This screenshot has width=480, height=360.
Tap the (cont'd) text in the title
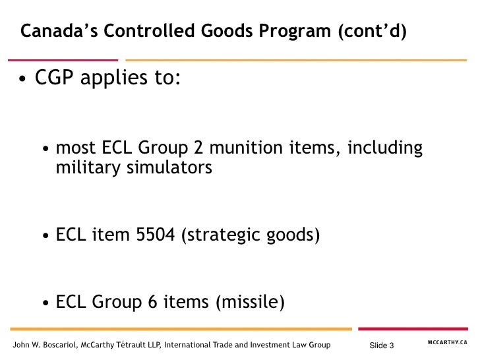(x=372, y=31)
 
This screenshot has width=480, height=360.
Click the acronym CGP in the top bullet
(x=57, y=81)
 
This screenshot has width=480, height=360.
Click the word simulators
(x=167, y=168)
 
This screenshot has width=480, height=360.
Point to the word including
(x=384, y=148)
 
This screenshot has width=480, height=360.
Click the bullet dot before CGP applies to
(x=23, y=82)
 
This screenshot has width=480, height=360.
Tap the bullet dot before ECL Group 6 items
(x=45, y=304)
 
